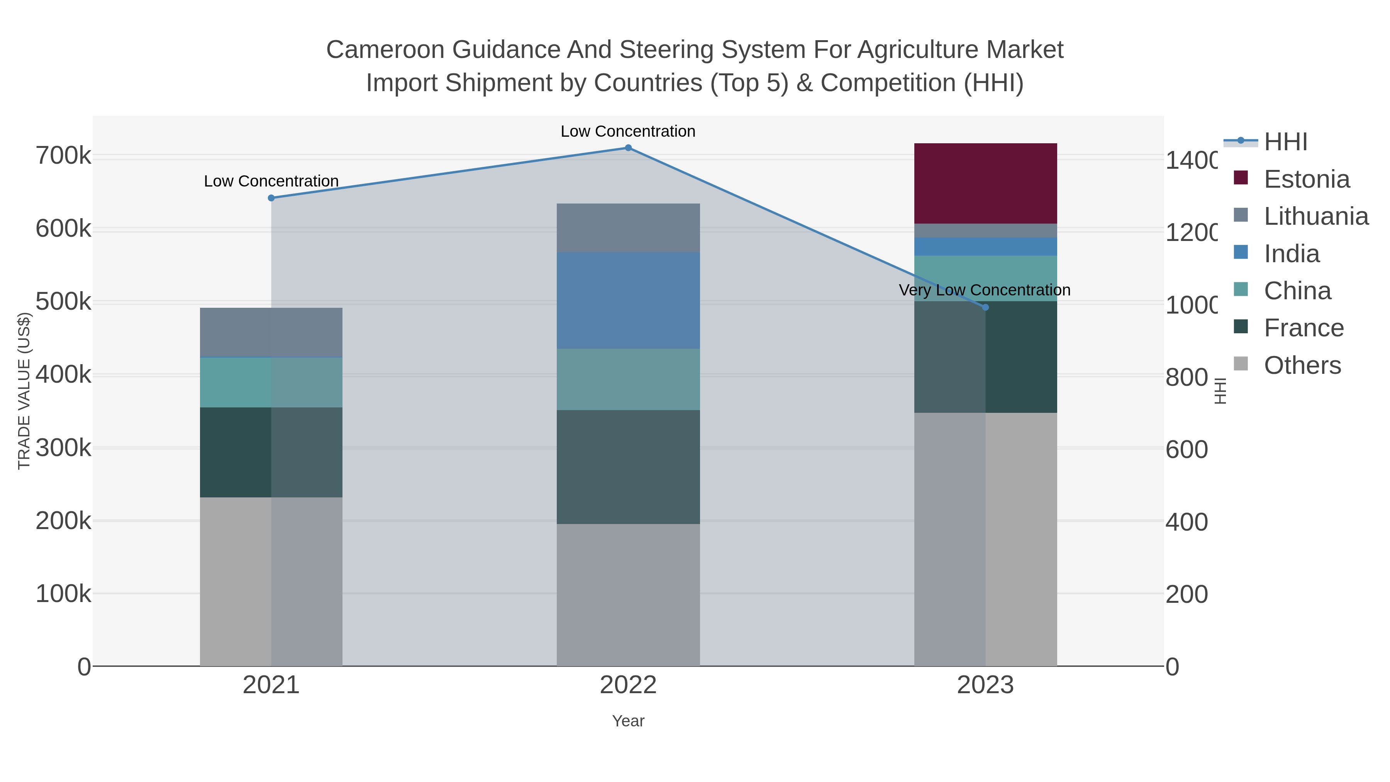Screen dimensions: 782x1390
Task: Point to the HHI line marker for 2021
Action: [271, 198]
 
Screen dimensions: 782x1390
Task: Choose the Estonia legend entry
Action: [1306, 179]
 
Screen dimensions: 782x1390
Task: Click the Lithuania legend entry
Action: [1315, 216]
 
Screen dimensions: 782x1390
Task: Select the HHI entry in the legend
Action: [1285, 142]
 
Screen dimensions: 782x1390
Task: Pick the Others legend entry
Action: [1302, 365]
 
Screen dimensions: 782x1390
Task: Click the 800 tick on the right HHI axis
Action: [1186, 378]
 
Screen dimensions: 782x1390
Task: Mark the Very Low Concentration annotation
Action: [984, 290]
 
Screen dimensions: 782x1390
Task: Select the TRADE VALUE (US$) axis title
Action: [24, 391]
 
